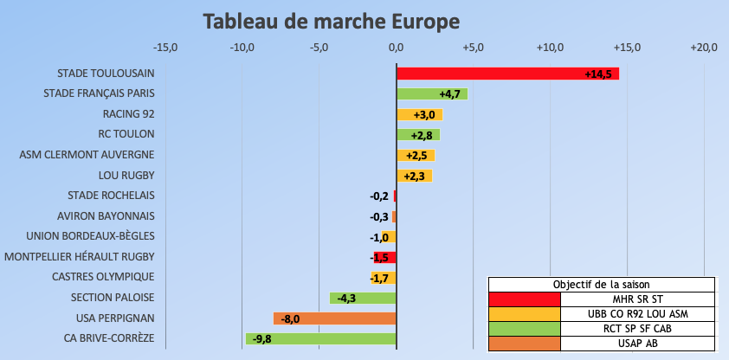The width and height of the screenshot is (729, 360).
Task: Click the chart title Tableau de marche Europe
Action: point(332,21)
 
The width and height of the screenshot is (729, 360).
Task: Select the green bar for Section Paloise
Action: point(364,298)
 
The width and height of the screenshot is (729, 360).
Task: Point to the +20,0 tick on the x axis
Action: point(704,47)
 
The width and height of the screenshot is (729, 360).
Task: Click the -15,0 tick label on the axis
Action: point(165,47)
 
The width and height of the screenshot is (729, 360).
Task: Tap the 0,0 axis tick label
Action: point(396,47)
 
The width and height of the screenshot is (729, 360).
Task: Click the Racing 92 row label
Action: point(128,114)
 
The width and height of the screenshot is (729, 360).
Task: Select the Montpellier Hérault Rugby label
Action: point(80,257)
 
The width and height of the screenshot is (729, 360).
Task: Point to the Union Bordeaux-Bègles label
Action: point(90,236)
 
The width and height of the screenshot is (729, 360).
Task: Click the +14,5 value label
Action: point(598,74)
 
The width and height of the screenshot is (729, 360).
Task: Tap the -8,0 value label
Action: point(290,318)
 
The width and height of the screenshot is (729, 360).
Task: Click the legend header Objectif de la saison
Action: point(602,284)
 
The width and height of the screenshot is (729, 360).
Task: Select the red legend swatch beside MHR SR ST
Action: point(525,299)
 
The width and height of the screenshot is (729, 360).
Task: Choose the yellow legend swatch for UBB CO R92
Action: point(525,313)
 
